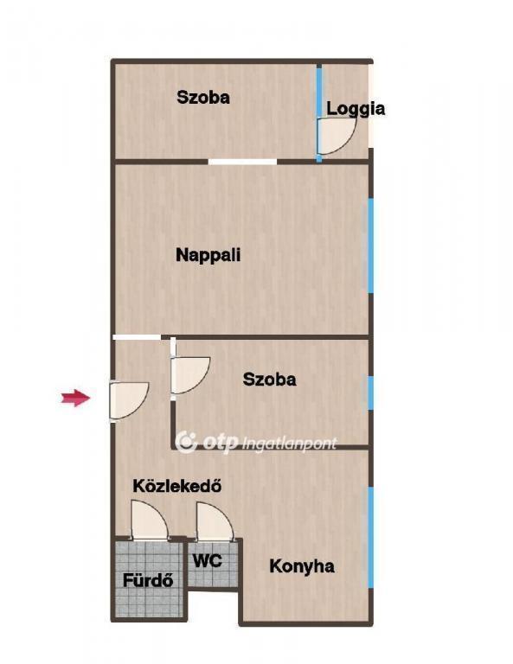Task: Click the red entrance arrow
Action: pos(76,398)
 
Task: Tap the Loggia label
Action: pos(356,109)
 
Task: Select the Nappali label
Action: pos(208,255)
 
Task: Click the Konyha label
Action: pos(302,566)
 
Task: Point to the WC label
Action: pos(207,560)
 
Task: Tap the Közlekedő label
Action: pos(177,486)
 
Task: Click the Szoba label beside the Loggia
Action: pos(203,98)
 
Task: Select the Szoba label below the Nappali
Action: pos(269,379)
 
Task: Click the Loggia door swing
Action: pos(337,136)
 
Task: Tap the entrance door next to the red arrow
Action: pos(129,400)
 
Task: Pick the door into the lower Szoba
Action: pos(190,375)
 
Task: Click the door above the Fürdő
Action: pos(149,520)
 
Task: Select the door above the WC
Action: pos(215,521)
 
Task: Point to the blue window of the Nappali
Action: pos(371,246)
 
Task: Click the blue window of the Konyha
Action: pos(371,537)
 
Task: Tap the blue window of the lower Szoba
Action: pos(371,393)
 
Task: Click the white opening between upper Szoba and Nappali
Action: pos(242,162)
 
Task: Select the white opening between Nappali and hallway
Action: pos(137,337)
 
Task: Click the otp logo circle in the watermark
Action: pos(186,442)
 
